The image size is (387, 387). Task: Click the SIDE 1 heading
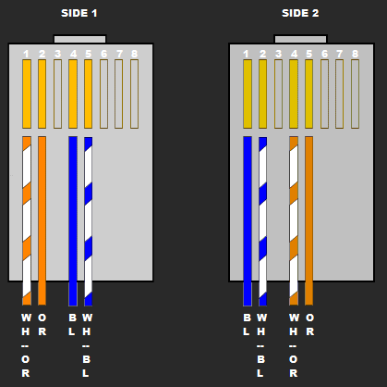coord(79,13)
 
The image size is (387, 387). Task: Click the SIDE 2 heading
coord(300,13)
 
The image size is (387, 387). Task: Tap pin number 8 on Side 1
coord(134,54)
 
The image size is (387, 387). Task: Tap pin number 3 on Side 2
coord(278,54)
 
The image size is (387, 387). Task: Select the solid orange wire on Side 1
coord(42,220)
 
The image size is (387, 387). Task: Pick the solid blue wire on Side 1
coord(73,221)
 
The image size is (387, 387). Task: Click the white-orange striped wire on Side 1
coord(27,220)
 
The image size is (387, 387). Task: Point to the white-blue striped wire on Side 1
coord(89,221)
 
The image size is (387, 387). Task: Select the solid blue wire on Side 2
coord(248,221)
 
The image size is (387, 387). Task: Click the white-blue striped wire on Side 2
coord(263,221)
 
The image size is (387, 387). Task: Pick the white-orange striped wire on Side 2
coord(294,220)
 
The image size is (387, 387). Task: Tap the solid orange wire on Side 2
coord(308,220)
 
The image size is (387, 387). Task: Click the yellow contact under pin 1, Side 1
coord(27,94)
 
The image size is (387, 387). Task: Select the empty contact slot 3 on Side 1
coord(57,94)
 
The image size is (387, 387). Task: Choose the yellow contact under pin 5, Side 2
coord(308,94)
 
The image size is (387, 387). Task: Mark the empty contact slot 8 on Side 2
coord(355,94)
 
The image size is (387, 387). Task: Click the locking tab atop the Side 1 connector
coord(80,39)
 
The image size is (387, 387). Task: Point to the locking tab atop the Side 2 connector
coord(300,39)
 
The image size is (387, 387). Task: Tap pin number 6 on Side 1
coord(103,54)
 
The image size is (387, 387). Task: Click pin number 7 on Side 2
coord(339,54)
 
